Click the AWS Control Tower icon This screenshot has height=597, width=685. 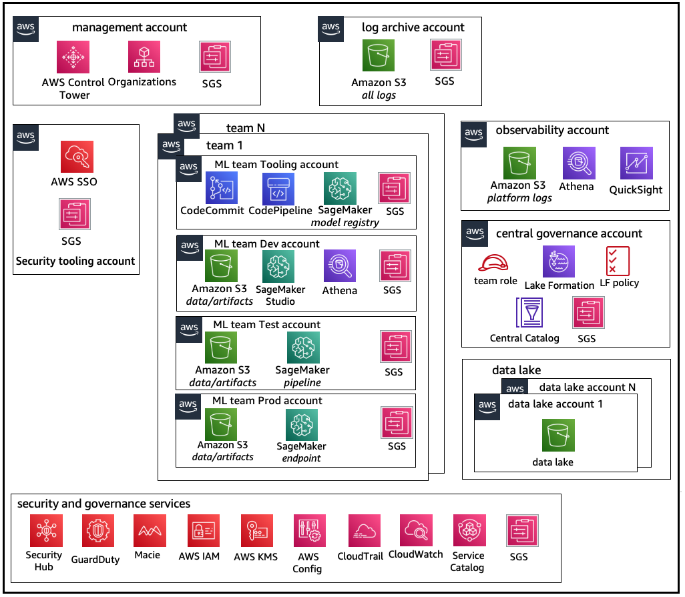73,57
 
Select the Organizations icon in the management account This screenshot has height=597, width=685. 144,57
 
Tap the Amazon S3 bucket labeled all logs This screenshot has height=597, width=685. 379,55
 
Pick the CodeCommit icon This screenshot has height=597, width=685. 221,188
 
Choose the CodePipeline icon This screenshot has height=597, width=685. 277,189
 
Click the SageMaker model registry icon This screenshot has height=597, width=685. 340,189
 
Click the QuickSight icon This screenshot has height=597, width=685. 636,164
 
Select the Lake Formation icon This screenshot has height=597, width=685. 559,261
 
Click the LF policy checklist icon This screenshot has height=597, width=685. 616,260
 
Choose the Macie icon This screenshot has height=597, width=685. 149,531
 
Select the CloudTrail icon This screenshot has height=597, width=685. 364,531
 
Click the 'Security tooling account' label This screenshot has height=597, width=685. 75,261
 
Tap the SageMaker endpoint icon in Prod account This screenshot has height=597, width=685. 301,425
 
